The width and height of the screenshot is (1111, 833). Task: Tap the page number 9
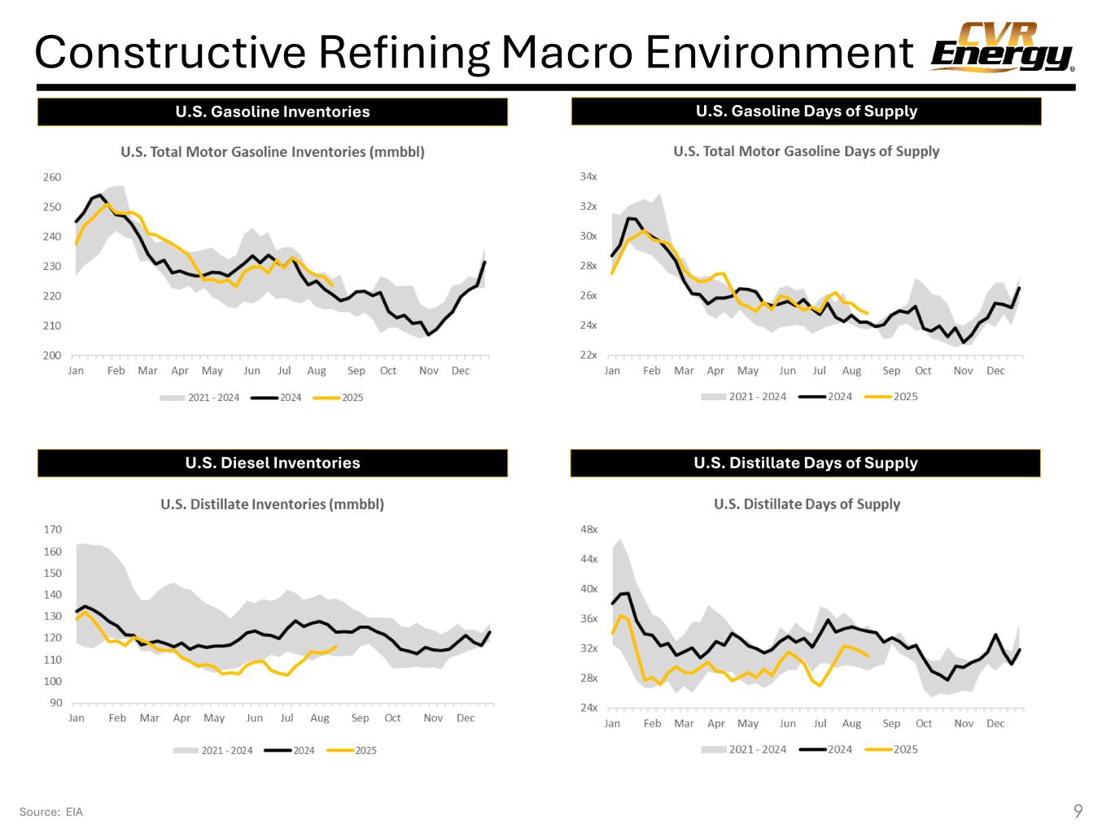tap(1078, 810)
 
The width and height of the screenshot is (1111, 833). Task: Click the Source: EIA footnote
tap(50, 812)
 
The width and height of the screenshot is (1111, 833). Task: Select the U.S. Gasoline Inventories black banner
tap(272, 111)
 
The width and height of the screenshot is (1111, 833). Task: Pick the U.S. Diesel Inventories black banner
tap(272, 463)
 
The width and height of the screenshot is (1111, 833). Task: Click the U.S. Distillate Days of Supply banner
tap(805, 463)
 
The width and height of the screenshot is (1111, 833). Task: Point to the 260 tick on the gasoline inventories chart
tap(51, 177)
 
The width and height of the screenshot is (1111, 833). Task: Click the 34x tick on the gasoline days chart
tap(588, 177)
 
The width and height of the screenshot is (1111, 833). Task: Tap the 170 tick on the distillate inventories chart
tap(52, 530)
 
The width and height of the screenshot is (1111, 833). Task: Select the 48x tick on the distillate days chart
tap(588, 529)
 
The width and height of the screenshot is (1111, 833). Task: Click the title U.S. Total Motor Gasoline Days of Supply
tap(806, 151)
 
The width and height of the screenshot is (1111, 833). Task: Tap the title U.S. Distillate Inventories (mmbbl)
tap(272, 504)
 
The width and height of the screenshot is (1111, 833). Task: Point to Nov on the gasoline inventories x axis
tap(428, 371)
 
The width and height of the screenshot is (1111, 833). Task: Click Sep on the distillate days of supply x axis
tap(891, 723)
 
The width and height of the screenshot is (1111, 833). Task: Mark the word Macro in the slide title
tap(566, 53)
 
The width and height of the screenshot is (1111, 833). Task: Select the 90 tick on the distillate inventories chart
tap(55, 703)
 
